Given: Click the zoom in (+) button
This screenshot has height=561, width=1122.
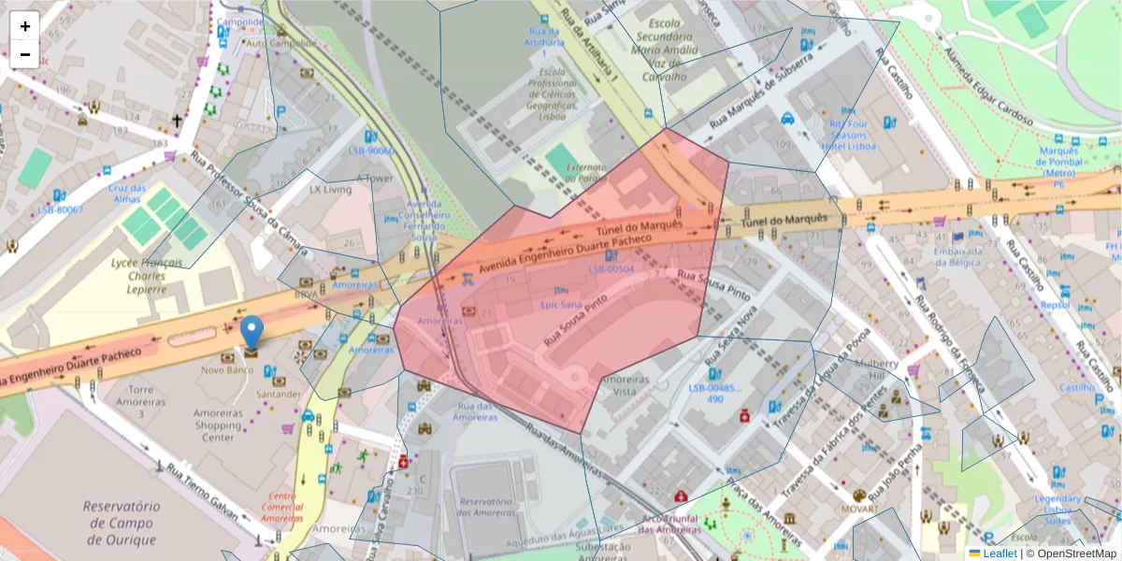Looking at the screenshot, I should [x=24, y=26].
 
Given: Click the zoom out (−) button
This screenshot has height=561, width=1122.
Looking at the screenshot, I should [x=24, y=54].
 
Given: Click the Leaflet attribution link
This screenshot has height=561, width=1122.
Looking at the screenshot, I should [x=999, y=554].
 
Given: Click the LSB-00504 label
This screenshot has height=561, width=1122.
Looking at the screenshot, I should [x=611, y=269].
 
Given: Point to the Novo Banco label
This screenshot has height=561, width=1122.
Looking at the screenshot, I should [x=228, y=370].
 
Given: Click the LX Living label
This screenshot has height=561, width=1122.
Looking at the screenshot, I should [x=330, y=189].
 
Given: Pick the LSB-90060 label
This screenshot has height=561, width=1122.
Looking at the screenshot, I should [x=371, y=151].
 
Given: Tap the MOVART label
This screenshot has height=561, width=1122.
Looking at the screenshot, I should [x=859, y=510].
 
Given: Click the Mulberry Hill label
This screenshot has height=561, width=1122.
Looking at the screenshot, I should [x=876, y=369].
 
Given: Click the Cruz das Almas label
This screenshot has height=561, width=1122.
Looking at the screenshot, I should [x=126, y=194].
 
